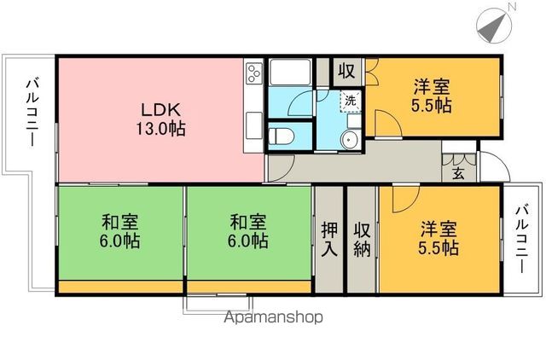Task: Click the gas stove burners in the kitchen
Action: point(253,74)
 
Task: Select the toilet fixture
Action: point(281,136)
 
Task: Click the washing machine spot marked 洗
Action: point(351,101)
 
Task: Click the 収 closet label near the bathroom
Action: point(346,71)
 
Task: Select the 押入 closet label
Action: point(329,241)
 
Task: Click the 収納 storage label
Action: point(362,241)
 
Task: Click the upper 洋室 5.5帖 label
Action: point(433,96)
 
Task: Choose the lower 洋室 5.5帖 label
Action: point(439,239)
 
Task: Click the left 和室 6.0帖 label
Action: point(119,231)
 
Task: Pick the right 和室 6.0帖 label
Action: point(248,231)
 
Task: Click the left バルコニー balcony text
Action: point(32,111)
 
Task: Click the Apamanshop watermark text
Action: point(272,319)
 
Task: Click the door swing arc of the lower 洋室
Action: point(401,200)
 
